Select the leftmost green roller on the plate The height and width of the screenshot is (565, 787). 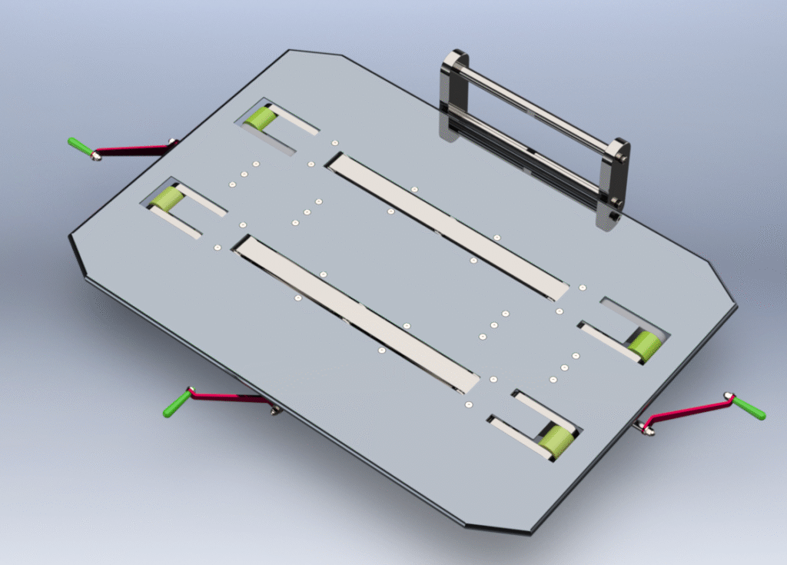[165, 199]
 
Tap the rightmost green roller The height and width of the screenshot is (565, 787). [645, 345]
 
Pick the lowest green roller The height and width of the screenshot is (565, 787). [555, 441]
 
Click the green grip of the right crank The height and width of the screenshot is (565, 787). [749, 409]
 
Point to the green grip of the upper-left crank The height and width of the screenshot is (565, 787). [79, 145]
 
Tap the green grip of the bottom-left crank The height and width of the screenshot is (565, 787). [176, 404]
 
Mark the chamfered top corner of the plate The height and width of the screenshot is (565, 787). [315, 54]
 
